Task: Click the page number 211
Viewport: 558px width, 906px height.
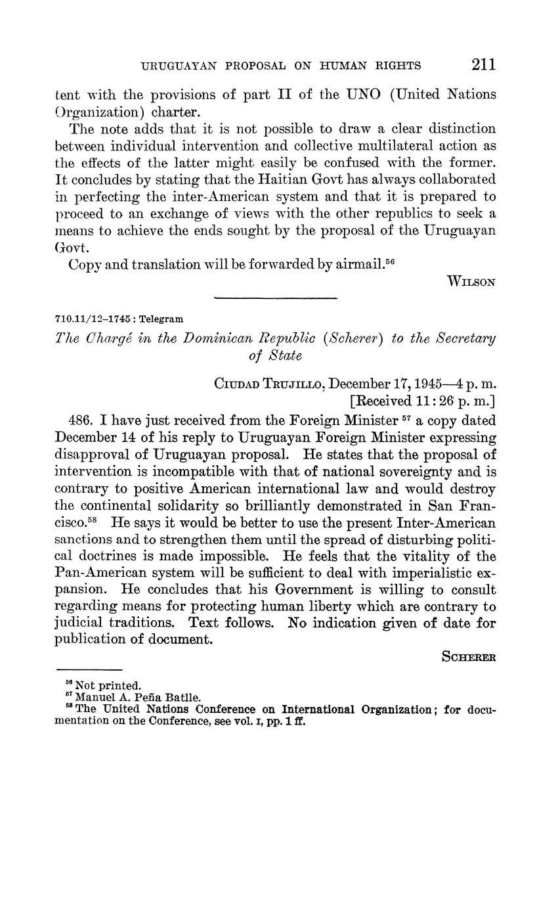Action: [x=483, y=64]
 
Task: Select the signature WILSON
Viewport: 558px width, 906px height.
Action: [x=471, y=282]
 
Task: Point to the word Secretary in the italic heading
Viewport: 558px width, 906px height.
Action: [x=463, y=338]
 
